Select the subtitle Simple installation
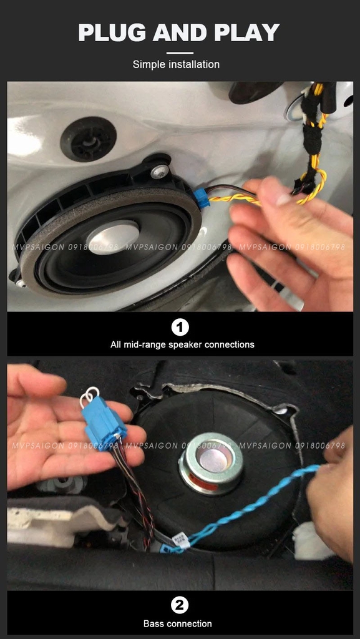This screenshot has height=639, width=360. click(176, 64)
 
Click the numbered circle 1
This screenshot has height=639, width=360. click(180, 327)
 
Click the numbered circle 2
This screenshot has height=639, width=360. click(180, 605)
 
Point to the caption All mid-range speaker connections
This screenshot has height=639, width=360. click(182, 344)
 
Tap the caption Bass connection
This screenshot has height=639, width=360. click(178, 623)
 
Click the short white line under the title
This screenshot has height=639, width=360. click(180, 53)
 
